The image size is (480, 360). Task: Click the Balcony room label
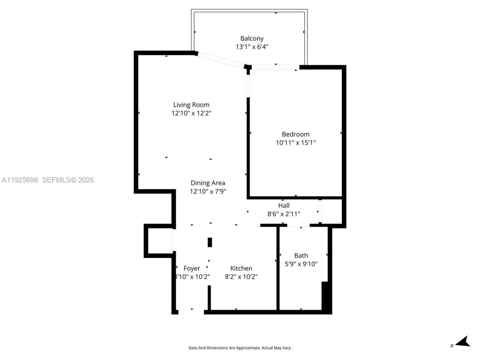click(252, 38)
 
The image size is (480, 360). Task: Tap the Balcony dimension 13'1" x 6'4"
click(252, 47)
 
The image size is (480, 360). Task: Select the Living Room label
click(191, 105)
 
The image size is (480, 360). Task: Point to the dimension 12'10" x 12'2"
click(191, 113)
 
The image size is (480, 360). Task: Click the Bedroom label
click(295, 134)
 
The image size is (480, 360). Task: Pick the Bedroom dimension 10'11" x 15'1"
click(295, 142)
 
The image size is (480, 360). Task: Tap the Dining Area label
click(208, 183)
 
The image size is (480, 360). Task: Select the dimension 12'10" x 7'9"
click(208, 191)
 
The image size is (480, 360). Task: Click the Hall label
click(283, 205)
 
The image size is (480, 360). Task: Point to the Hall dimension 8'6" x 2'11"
click(283, 214)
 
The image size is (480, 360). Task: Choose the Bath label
click(301, 255)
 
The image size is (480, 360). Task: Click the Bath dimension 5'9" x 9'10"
click(301, 264)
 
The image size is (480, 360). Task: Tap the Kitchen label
click(241, 268)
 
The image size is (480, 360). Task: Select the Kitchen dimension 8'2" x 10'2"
click(241, 277)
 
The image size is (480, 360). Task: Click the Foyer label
click(192, 268)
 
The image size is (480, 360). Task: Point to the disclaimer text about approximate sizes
click(240, 348)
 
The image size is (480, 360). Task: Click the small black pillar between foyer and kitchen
click(210, 242)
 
